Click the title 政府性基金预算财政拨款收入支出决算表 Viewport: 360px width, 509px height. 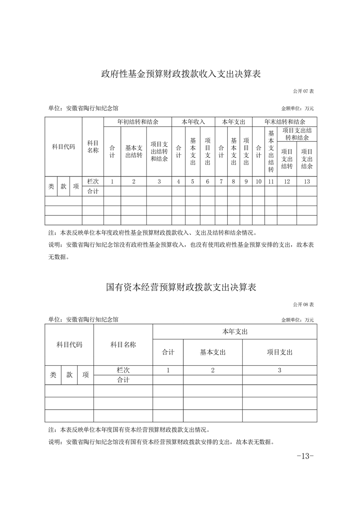[x=180, y=74]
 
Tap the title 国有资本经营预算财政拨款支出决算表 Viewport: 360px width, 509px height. [x=180, y=287]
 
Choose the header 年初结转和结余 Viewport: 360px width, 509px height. [x=137, y=122]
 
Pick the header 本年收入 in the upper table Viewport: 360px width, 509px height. [x=193, y=122]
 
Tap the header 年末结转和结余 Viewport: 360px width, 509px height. [x=284, y=122]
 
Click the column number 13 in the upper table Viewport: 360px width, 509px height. [x=307, y=181]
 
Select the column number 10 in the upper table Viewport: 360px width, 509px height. [x=258, y=181]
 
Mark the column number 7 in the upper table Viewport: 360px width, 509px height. [x=221, y=181]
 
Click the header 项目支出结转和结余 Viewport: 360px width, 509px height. [x=297, y=134]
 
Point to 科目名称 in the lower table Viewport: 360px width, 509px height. [x=123, y=345]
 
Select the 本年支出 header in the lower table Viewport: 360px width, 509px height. [x=235, y=332]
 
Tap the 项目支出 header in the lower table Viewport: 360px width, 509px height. [x=279, y=352]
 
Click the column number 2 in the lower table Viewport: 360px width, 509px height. [x=213, y=370]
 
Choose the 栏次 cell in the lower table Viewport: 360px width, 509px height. [x=123, y=370]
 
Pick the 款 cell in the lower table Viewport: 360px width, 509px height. [x=69, y=375]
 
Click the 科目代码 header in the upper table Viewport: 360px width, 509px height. [x=63, y=147]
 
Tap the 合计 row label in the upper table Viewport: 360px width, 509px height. [x=93, y=191]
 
